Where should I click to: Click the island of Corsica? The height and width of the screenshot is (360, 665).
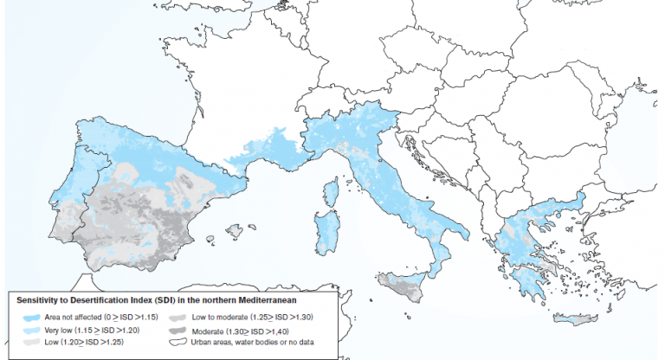coord(330,192)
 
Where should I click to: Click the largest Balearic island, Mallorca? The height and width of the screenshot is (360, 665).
coord(235,231)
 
